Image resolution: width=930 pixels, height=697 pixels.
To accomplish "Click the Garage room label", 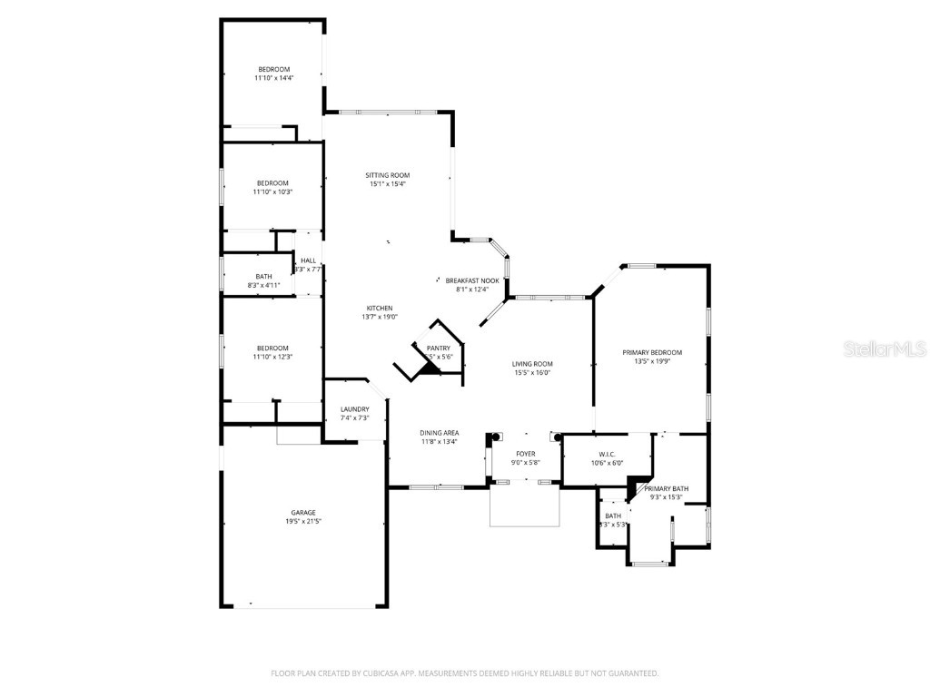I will pos(303,513).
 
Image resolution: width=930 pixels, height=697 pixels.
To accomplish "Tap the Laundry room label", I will pos(354,409).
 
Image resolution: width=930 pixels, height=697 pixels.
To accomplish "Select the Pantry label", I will pos(439,348).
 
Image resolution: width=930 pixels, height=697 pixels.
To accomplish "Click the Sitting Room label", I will pos(388,175).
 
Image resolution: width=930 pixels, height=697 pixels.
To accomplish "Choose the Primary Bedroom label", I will pos(652,352).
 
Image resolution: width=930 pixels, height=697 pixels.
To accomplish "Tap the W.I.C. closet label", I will pos(607,454).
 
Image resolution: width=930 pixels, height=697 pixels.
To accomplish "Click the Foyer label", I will pos(526,454).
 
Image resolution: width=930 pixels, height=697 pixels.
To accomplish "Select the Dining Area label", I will pos(439,433).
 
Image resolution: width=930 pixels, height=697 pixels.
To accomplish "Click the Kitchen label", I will pos(380,308).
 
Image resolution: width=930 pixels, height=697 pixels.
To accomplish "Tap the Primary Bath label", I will pos(667,488).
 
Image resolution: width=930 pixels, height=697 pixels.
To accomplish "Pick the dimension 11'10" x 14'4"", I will pos(273,79).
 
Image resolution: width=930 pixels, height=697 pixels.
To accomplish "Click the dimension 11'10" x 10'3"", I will pos(272,191).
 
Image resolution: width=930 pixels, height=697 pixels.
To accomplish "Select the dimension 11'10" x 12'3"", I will pos(272,357).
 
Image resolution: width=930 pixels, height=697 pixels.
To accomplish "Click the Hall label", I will pos(309,260).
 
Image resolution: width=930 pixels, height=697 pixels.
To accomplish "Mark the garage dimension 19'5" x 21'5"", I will pos(303,522).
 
